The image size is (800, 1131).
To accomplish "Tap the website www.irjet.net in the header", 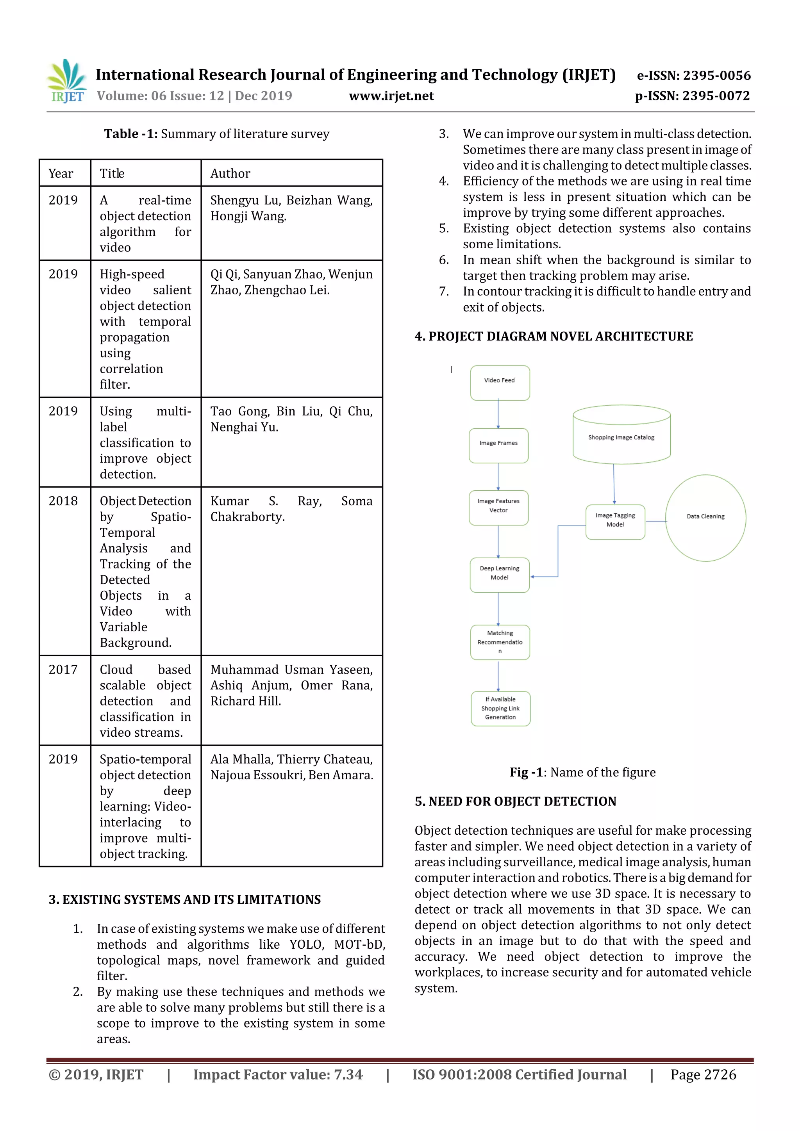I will pyautogui.click(x=391, y=96).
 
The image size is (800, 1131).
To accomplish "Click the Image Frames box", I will pyautogui.click(x=498, y=445).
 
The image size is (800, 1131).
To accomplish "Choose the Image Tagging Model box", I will pyautogui.click(x=615, y=522).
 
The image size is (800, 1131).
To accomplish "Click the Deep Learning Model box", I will pyautogui.click(x=499, y=574).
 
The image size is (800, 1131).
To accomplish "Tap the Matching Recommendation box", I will pyautogui.click(x=500, y=642).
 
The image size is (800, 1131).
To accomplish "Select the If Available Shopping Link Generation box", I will pyautogui.click(x=500, y=708).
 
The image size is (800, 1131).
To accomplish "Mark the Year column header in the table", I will pyautogui.click(x=61, y=173).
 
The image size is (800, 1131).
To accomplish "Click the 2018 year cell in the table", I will pyautogui.click(x=63, y=501).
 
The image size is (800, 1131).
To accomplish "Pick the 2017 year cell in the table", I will pyautogui.click(x=63, y=670).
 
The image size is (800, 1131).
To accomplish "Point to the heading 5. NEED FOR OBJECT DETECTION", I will pyautogui.click(x=515, y=801).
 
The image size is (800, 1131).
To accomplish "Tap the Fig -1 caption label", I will pyautogui.click(x=526, y=772).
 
